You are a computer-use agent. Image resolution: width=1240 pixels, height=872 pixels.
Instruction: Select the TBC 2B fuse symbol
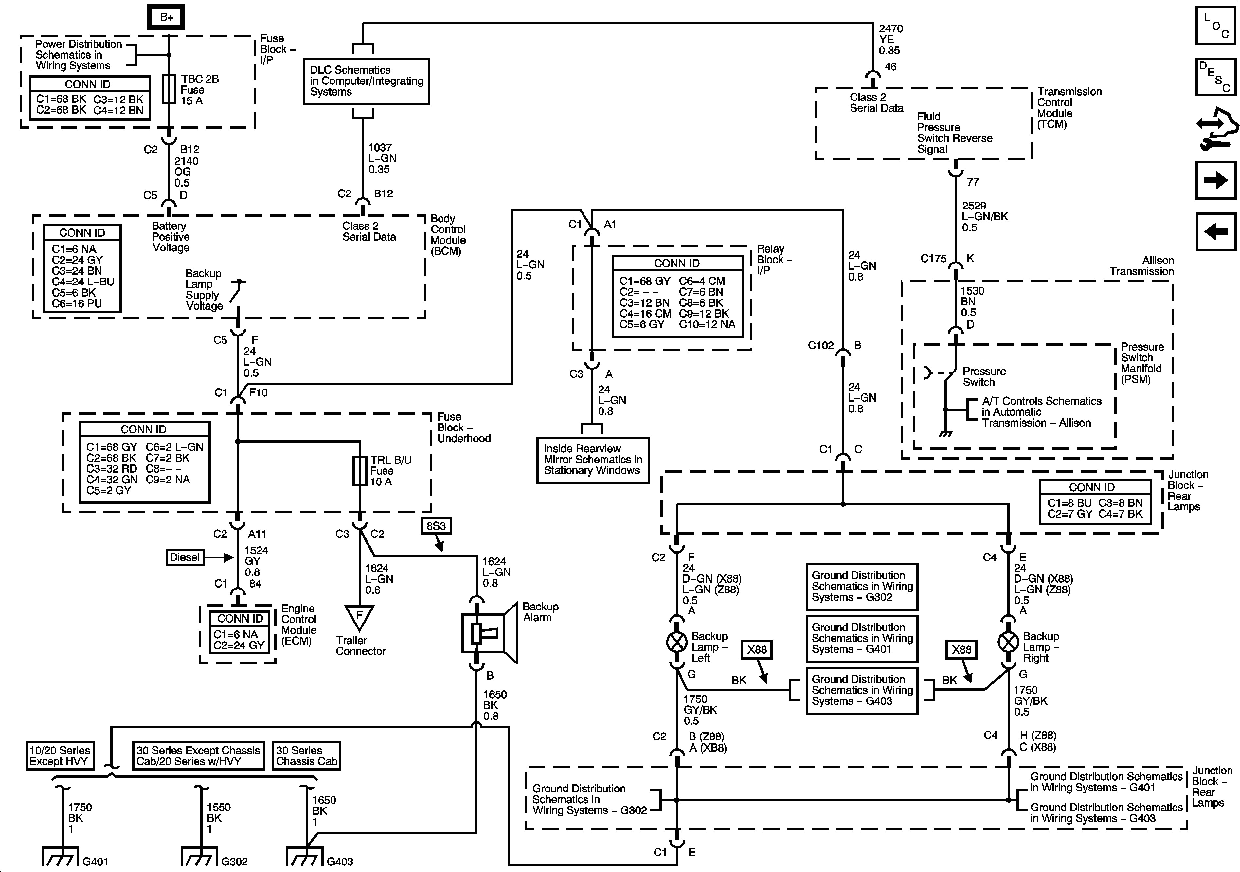click(169, 89)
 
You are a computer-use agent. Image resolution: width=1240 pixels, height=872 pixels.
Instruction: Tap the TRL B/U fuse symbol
click(360, 471)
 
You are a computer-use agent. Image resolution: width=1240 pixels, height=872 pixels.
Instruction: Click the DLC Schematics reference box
click(366, 81)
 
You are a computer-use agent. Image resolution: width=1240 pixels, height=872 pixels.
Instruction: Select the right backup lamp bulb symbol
click(1008, 642)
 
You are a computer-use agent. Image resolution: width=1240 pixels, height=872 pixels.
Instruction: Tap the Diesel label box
click(185, 557)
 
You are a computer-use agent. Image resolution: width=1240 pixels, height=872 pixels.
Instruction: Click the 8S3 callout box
click(436, 526)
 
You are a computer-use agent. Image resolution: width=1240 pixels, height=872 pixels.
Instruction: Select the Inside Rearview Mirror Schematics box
click(592, 460)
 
